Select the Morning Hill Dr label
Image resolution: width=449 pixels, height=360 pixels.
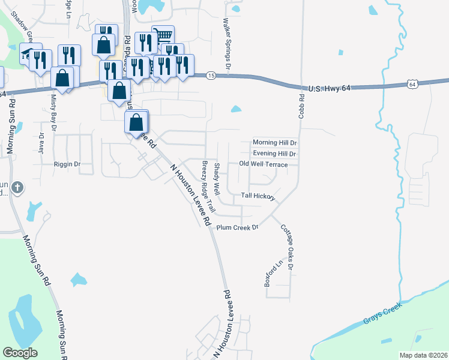(x=275, y=143)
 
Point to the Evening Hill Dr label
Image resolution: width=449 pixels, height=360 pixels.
(x=275, y=154)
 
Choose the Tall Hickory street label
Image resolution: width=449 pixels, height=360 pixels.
(x=258, y=196)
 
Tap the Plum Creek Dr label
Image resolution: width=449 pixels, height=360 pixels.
(x=237, y=227)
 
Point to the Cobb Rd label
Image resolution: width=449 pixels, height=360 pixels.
(x=301, y=104)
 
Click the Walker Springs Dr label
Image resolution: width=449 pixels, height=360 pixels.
(x=227, y=36)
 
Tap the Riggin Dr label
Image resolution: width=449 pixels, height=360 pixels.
(x=67, y=164)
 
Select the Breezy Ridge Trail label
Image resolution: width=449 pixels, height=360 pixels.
(x=208, y=186)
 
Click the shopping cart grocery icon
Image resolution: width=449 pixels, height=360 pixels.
(x=163, y=34)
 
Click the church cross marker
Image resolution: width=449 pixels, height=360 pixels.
(x=17, y=187)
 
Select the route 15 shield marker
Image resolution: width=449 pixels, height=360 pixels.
(x=211, y=75)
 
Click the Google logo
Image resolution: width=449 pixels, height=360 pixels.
(x=20, y=353)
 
